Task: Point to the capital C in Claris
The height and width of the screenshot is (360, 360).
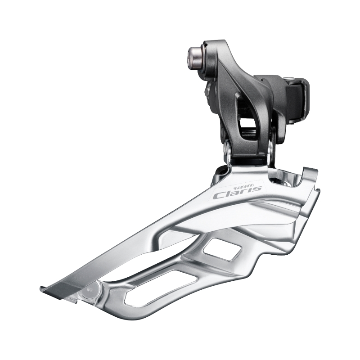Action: click(x=220, y=196)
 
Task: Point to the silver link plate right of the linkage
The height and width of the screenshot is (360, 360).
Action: click(x=271, y=148)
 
